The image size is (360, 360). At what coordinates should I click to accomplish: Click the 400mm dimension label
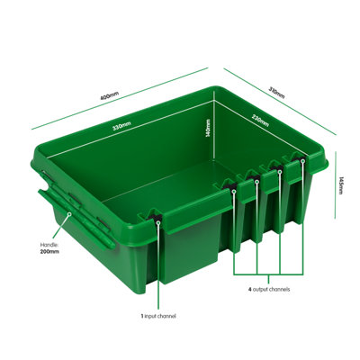(x=110, y=95)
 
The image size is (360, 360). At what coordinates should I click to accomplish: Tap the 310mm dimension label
(x=276, y=93)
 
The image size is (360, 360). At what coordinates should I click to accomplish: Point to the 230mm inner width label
(x=260, y=121)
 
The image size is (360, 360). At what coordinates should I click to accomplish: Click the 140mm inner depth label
(x=208, y=128)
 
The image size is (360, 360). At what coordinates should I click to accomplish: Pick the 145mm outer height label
(x=340, y=185)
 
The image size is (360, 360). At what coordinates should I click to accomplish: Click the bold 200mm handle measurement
(x=49, y=251)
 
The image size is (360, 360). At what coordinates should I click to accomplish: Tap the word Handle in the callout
(x=48, y=245)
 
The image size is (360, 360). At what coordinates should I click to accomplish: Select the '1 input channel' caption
(x=158, y=316)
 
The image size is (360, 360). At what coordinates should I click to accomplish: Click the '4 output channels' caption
(x=269, y=290)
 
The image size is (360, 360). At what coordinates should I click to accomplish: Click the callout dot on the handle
(x=69, y=214)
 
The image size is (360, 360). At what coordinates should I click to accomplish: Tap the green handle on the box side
(x=76, y=219)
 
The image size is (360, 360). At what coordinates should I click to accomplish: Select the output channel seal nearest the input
(x=231, y=188)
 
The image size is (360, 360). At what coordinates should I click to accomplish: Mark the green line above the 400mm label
(x=120, y=98)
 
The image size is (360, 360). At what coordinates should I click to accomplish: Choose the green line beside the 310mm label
(x=280, y=102)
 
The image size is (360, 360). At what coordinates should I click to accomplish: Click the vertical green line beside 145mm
(x=335, y=185)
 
